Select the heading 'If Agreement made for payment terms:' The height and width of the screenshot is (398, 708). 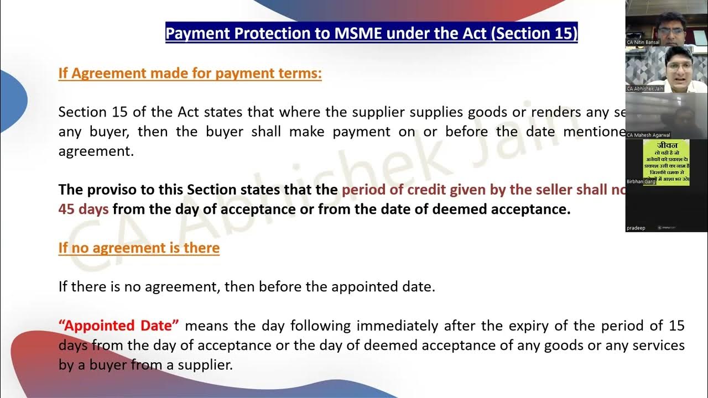coord(190,74)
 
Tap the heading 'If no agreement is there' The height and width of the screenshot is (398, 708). coord(139,248)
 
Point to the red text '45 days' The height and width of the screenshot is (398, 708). coord(84,210)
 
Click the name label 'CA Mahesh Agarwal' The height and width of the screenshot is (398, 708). coord(648,135)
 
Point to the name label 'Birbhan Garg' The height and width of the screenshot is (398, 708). coord(641,181)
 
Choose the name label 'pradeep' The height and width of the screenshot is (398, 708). coord(636,228)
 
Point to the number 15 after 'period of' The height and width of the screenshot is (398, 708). coord(676,326)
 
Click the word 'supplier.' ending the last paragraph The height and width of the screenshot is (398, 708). coord(207,365)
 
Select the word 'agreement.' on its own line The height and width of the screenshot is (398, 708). coord(96,151)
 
